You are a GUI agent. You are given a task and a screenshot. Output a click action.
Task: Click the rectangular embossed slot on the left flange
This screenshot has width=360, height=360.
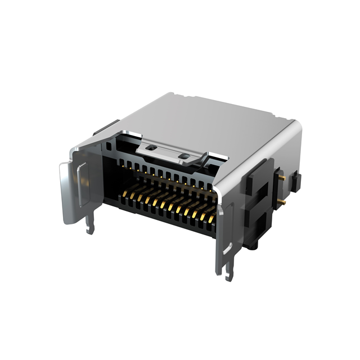[x=82, y=183]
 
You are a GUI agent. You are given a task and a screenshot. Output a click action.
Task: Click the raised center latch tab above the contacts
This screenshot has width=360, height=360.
[x=169, y=151]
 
